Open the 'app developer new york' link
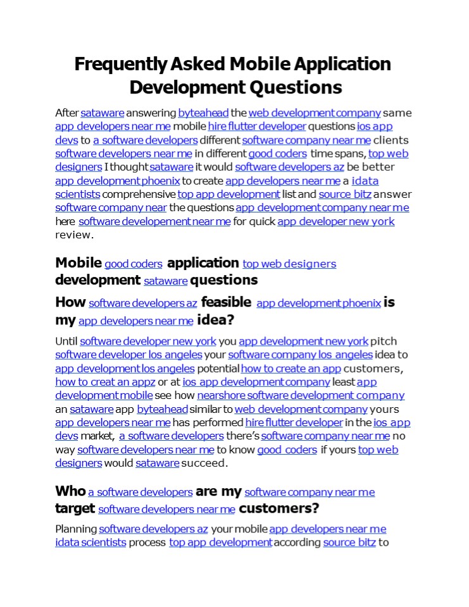pos(336,221)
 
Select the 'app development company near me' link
pos(322,207)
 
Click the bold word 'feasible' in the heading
pos(226,302)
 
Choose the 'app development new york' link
pos(303,341)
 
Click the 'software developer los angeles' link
pos(128,355)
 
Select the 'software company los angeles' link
pos(300,355)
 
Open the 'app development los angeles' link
pos(125,369)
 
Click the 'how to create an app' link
pos(291,369)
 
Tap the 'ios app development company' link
pos(256,382)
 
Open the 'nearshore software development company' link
pos(301,396)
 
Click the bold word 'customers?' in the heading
pos(278,508)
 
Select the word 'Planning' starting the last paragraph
pos(76,529)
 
